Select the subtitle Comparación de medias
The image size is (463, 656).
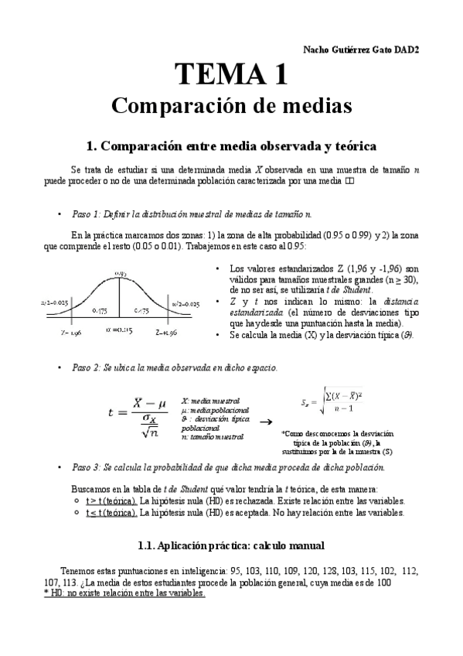tap(231, 105)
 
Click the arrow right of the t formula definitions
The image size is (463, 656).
tap(265, 422)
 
